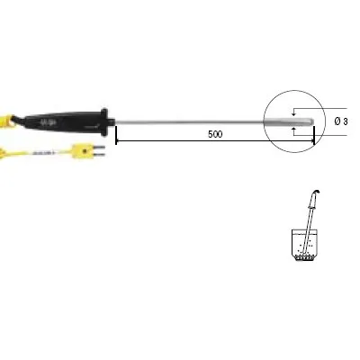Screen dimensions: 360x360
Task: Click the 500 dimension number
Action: [215, 134]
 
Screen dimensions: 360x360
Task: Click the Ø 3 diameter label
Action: [341, 121]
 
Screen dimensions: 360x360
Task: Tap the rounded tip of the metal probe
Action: [312, 121]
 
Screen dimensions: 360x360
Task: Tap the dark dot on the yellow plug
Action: [85, 150]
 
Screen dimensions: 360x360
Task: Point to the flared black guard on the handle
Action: [104, 121]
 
